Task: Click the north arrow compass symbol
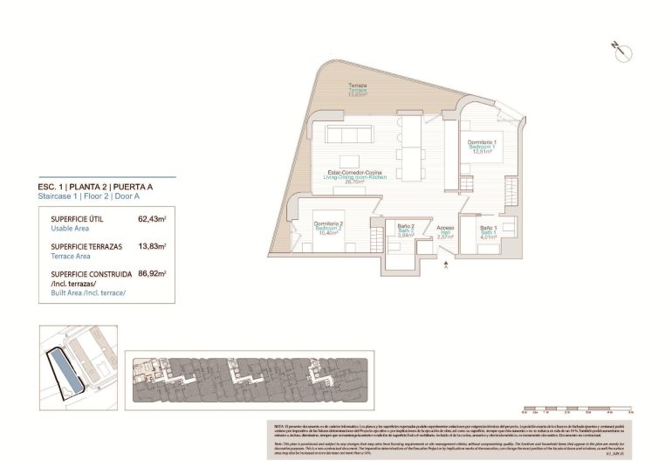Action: [x=622, y=52]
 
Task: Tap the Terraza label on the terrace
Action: [x=358, y=86]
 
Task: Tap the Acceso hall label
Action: [x=444, y=228]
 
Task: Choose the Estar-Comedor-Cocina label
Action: [x=354, y=172]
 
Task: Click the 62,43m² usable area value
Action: [x=152, y=219]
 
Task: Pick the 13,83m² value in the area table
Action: [x=152, y=247]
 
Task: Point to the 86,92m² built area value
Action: [x=152, y=273]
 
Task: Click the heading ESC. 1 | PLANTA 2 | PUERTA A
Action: [x=96, y=187]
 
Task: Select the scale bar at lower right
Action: [x=576, y=408]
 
